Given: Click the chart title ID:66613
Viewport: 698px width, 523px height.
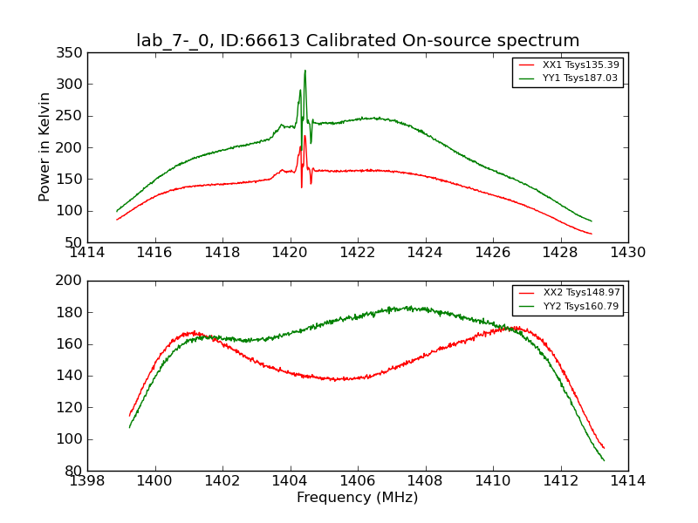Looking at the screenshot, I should pos(358,41).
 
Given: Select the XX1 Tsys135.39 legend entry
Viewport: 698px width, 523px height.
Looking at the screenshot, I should pos(579,65).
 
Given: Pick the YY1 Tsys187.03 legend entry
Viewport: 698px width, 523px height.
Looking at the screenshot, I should pos(579,78).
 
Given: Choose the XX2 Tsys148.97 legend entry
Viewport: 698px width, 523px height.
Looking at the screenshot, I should pos(579,293).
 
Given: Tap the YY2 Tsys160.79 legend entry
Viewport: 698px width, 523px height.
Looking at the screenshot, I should pos(579,306).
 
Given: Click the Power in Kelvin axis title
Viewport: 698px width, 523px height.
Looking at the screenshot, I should pos(44,147).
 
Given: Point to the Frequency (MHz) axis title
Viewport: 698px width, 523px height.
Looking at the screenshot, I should pos(358,498).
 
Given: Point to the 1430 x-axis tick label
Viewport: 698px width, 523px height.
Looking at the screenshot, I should pos(627,252).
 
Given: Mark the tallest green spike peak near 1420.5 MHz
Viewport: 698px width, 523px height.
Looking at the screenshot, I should pos(305,71).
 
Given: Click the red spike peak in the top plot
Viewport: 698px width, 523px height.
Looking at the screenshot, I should pos(305,136).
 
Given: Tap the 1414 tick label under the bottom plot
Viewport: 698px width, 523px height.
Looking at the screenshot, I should pos(627,480).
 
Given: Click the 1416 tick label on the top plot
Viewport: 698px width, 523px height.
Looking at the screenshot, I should pos(155,252).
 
